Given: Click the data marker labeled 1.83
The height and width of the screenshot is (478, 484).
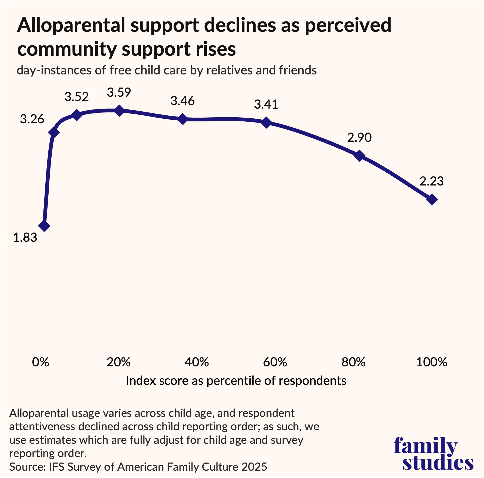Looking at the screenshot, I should point(44,226).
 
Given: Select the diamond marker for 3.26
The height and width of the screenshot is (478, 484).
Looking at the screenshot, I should point(54,133).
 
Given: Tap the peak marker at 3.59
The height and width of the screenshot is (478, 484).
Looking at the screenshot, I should point(119,110).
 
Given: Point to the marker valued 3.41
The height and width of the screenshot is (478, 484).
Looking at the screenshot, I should point(266,122).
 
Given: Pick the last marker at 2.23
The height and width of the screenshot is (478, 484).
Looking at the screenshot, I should point(432,200).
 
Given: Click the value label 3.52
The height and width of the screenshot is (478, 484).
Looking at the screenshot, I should point(77,97).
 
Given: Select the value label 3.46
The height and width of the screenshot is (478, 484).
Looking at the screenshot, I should point(183,101).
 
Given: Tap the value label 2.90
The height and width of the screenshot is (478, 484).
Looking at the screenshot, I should point(359,138).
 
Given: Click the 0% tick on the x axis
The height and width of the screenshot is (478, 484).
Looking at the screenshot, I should point(40,362).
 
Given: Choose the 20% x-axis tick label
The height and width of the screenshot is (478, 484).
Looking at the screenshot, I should point(118,362).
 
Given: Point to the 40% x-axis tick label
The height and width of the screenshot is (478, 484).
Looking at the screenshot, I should point(197,362).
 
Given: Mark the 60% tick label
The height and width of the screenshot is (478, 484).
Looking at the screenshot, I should point(275,362).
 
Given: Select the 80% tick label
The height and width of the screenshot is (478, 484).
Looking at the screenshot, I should point(353,362).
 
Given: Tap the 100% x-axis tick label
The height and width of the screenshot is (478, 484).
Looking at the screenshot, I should point(432,362).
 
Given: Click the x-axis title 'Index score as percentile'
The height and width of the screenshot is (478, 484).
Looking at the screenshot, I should point(236,381).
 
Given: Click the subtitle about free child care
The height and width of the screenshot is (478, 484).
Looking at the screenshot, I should point(167,70).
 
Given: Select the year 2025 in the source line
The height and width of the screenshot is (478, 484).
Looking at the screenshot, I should point(254,467).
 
